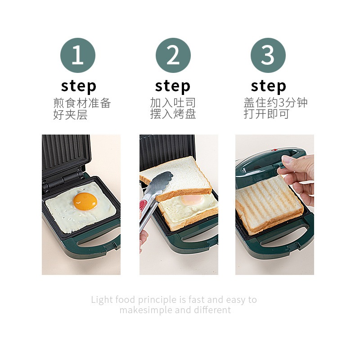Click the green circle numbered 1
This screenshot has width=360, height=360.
pyautogui.click(x=78, y=55)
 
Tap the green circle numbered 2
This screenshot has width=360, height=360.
pyautogui.click(x=173, y=55)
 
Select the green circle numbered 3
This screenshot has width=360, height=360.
pyautogui.click(x=268, y=55)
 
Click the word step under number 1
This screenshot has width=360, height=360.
pyautogui.click(x=78, y=85)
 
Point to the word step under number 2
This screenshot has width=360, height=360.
pyautogui.click(x=173, y=85)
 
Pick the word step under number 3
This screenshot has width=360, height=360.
pyautogui.click(x=268, y=85)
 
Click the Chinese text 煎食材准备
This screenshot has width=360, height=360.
pyautogui.click(x=82, y=103)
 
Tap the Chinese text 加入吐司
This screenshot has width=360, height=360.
pyautogui.click(x=173, y=103)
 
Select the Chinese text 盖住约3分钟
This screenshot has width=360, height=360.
pyautogui.click(x=275, y=103)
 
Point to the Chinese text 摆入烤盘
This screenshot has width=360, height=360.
pyautogui.click(x=173, y=114)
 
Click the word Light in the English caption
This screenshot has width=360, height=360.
pyautogui.click(x=102, y=300)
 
